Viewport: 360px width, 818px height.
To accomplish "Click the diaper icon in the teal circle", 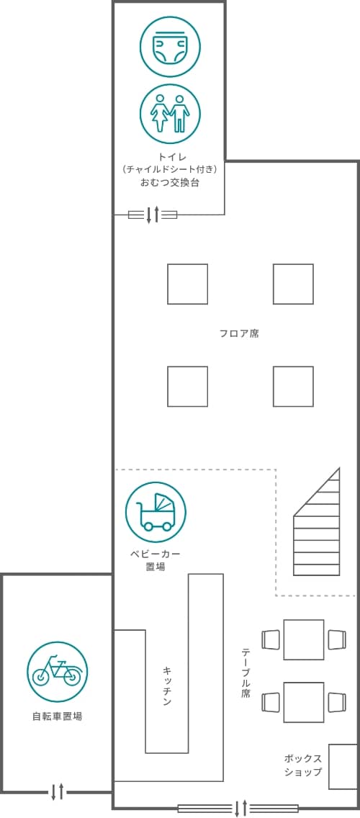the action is [170, 47].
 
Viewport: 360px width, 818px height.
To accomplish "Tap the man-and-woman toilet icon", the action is [170, 114].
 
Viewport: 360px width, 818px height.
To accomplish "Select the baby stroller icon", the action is [156, 512].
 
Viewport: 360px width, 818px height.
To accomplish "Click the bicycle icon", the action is [58, 671].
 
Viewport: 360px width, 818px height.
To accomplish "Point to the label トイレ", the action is [170, 156].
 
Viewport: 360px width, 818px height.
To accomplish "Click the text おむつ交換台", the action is [170, 183].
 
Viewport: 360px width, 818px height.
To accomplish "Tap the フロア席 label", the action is [239, 333].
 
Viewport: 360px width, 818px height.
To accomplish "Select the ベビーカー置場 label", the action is [156, 559].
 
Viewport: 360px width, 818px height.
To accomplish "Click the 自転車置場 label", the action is [58, 716].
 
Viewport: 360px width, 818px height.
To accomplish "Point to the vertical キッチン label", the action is [167, 686].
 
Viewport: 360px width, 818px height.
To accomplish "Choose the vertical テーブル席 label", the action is [246, 673].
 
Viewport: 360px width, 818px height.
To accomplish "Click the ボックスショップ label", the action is [303, 765].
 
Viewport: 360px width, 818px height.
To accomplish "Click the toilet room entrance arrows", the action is [153, 215].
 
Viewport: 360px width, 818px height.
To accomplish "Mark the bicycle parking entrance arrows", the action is [58, 791].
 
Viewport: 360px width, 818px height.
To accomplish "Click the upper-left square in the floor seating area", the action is [187, 284].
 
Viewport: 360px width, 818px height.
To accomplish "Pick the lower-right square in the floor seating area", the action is [293, 386].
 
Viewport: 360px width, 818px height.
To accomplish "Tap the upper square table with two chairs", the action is [304, 639].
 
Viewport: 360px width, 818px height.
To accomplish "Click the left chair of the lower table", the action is [271, 701].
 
